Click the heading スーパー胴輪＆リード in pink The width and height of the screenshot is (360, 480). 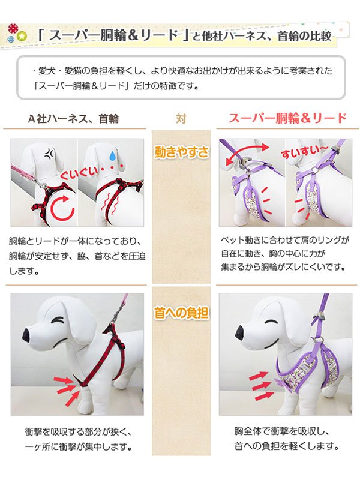click(x=287, y=118)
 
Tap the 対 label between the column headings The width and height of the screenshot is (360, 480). click(x=181, y=118)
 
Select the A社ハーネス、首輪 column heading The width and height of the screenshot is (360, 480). click(x=74, y=118)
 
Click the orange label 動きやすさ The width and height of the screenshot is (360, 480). click(x=181, y=152)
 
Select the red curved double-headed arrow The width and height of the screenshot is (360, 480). click(x=245, y=154)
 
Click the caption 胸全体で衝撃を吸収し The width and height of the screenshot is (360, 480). click(x=284, y=431)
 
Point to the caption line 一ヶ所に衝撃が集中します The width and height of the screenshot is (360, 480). click(x=79, y=447)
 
